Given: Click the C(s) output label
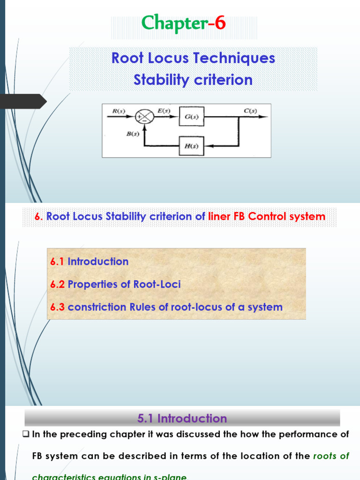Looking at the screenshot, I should click(x=250, y=111).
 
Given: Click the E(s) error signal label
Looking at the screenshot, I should click(x=163, y=111).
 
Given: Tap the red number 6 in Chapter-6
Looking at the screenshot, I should click(x=220, y=22).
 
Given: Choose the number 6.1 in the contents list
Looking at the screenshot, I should click(x=57, y=262).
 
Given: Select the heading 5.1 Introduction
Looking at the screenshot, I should click(x=182, y=418).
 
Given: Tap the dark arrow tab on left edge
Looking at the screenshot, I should click(x=23, y=101).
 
